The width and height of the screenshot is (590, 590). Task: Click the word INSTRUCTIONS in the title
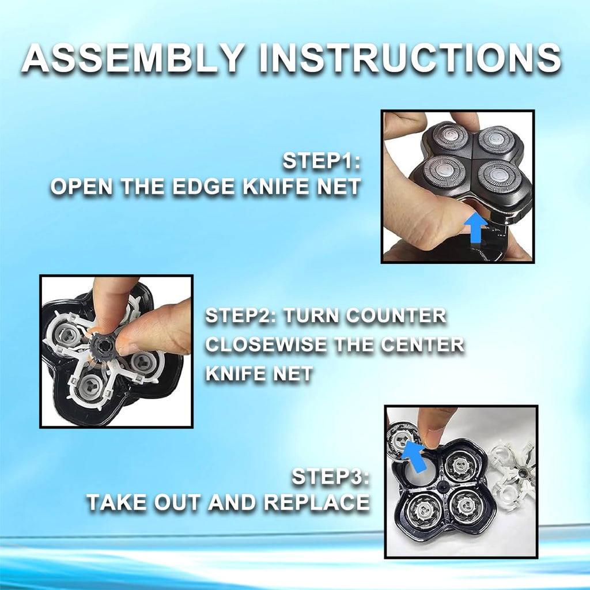(x=410, y=58)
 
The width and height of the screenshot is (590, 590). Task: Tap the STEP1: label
(x=322, y=161)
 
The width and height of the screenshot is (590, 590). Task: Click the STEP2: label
(x=241, y=315)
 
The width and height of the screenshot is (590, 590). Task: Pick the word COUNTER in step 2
(x=396, y=315)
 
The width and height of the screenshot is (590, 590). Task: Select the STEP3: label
(x=330, y=476)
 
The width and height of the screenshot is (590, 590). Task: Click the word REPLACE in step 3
(x=316, y=502)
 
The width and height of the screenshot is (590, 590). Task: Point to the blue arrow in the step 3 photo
(x=414, y=456)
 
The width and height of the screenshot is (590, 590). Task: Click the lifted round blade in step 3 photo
(x=403, y=438)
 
